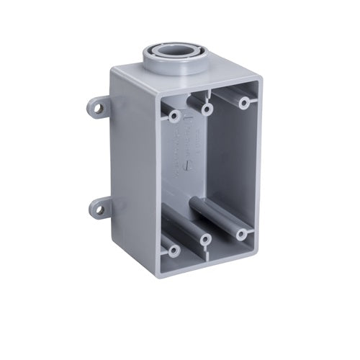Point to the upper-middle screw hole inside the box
pos(207,109)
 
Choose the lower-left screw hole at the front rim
pos(173,250)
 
